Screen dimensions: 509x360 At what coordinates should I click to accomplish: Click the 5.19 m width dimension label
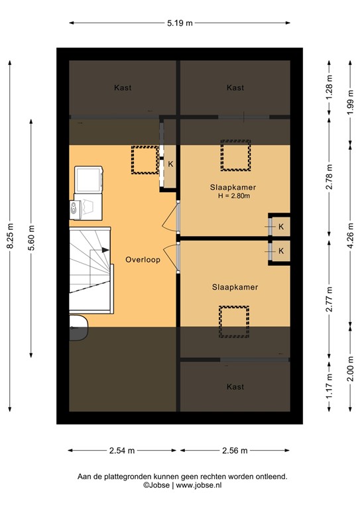coord(179,23)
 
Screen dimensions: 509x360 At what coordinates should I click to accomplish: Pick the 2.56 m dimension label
coord(235,451)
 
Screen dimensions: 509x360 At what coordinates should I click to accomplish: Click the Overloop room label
coord(143,260)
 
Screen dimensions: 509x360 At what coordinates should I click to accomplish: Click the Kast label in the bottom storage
coord(235,386)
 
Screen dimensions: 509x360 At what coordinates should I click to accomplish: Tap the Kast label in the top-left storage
coord(123,87)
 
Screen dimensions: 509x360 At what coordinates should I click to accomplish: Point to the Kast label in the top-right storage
coord(235,87)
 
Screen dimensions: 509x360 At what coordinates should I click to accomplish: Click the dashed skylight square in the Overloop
coord(143,160)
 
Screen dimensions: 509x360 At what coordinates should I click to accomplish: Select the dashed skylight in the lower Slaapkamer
coord(234,321)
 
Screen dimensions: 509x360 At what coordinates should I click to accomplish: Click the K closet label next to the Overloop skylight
coord(170,164)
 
